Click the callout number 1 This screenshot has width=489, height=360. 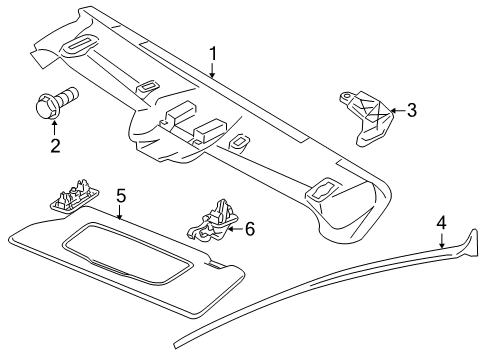212,53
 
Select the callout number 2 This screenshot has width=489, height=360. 54,146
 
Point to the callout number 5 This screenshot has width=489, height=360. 121,195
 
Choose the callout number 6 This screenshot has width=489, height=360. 249,229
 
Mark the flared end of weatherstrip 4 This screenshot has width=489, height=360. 466,247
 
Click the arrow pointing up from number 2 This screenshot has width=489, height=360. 54,128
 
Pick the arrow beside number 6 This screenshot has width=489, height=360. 235,229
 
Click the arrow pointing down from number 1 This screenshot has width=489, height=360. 212,70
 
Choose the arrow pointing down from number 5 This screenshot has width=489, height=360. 121,211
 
